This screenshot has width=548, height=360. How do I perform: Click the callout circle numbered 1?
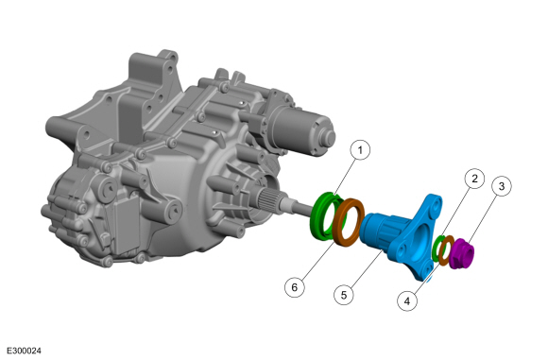(360, 150)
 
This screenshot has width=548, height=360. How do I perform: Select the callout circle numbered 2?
(474, 179)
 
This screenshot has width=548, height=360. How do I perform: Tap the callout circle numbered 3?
(502, 186)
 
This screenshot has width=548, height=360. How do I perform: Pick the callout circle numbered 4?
(407, 300)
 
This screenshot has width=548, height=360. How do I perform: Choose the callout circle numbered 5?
(344, 295)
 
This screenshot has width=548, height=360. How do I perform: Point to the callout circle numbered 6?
(294, 287)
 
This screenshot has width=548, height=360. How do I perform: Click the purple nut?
(461, 254)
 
